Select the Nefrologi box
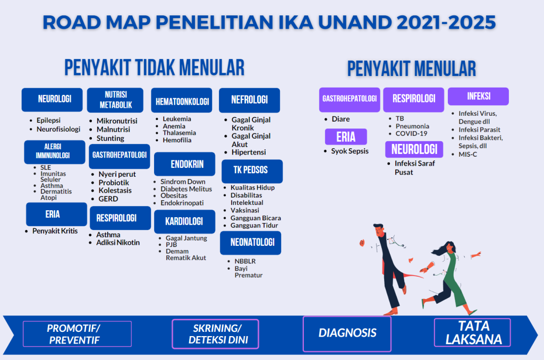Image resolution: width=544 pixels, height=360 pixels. point(249,100)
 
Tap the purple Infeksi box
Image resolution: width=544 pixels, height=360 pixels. point(478,97)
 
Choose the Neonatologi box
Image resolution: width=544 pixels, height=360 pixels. point(250,243)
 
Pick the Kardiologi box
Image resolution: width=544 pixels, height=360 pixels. point(184,221)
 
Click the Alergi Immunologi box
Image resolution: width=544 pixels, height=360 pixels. point(54,152)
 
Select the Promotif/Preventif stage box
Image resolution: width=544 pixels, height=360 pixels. point(77,334)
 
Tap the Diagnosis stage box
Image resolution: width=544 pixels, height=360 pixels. point(347,333)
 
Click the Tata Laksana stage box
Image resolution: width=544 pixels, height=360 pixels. point(472,333)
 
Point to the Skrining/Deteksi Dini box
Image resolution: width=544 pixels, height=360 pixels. point(215,334)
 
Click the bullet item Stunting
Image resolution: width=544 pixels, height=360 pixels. point(110,138)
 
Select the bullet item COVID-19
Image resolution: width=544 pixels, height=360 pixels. point(411,134)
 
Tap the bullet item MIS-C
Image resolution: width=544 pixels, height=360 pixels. point(468,154)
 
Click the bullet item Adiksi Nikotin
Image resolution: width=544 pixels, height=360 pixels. point(117,243)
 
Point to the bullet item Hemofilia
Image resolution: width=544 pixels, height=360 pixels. point(177,140)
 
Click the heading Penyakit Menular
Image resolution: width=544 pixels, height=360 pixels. point(411,69)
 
